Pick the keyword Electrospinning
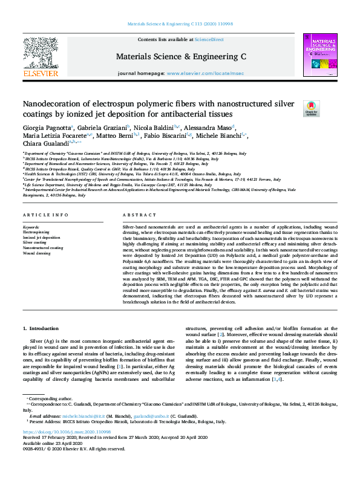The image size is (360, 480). pyautogui.click(x=36, y=232)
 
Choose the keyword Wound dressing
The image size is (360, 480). pyautogui.click(x=36, y=253)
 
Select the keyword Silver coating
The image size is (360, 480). pyautogui.click(x=34, y=242)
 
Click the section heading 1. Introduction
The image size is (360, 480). pyautogui.click(x=42, y=328)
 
